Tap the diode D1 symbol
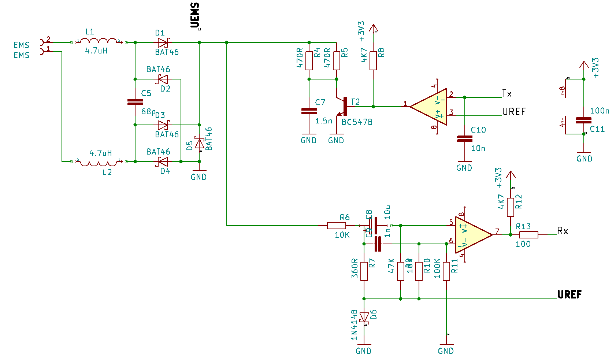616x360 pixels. (163, 42)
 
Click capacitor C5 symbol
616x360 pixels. (135, 102)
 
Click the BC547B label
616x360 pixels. (357, 122)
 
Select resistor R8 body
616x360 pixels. (373, 61)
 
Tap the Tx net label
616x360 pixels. (506, 93)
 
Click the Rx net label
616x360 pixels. (563, 231)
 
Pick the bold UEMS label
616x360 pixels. (195, 15)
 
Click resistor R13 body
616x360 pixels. (528, 235)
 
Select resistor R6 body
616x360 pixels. (336, 226)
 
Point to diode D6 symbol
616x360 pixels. (364, 317)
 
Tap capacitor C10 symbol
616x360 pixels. (465, 138)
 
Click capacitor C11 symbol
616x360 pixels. (583, 120)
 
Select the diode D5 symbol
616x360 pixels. (199, 143)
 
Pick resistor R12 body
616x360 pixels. (510, 207)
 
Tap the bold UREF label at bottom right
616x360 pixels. (569, 294)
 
